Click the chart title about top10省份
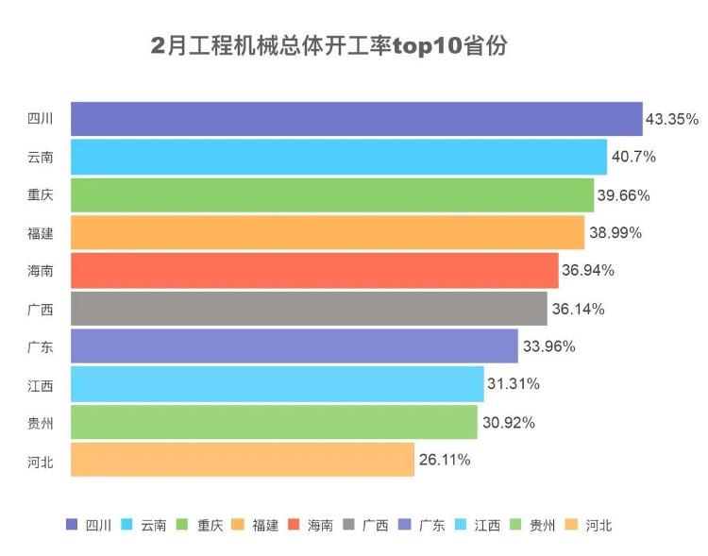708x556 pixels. [329, 45]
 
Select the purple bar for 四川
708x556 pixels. [357, 119]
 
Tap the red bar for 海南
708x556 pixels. [314, 270]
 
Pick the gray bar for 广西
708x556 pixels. [309, 309]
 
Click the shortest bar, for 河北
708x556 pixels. [243, 460]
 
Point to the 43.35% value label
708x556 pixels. [672, 119]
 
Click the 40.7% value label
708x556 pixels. [633, 157]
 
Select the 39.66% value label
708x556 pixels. [624, 195]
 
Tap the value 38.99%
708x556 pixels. [615, 233]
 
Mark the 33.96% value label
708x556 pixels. [549, 346]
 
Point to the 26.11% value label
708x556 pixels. [445, 460]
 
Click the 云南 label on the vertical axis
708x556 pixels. [41, 158]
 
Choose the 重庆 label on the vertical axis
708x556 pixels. [41, 194]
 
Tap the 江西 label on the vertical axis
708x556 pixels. [41, 386]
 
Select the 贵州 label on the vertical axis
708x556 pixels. [41, 424]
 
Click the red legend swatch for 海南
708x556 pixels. [294, 524]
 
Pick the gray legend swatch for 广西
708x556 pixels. [349, 524]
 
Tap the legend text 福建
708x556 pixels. [265, 525]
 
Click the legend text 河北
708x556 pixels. [598, 525]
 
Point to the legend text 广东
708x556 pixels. [431, 525]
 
